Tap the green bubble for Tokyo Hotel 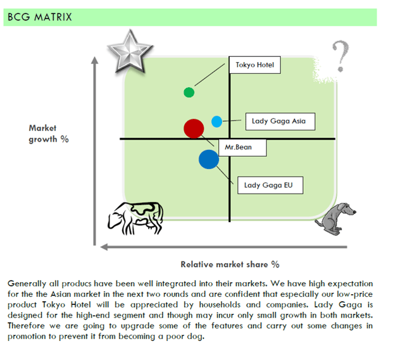click(189, 92)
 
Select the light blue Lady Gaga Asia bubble click(216, 121)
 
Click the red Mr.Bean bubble click(194, 128)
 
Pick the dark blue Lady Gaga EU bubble click(208, 159)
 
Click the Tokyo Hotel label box click(254, 65)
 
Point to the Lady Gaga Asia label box click(279, 121)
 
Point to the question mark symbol click(340, 56)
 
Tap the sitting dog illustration click(337, 218)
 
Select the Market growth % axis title click(48, 133)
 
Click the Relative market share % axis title click(230, 264)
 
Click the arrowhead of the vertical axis click(96, 61)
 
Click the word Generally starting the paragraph click(27, 283)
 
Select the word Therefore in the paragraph click(28, 326)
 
